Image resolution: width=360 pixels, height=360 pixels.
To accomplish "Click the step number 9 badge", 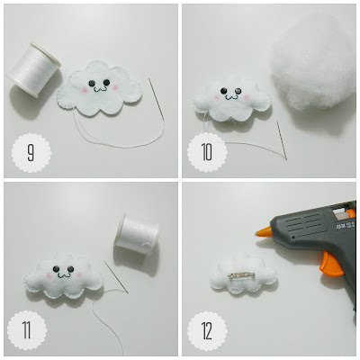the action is click(x=31, y=153).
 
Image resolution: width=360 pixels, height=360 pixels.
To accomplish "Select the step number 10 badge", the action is click(x=207, y=152).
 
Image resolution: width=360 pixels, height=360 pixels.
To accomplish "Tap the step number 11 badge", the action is click(x=27, y=330).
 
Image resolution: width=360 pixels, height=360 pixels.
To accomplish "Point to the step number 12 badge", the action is click(x=207, y=331).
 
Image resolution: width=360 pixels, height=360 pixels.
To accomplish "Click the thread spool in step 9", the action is click(x=34, y=70).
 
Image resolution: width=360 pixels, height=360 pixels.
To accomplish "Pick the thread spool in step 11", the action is click(x=137, y=235).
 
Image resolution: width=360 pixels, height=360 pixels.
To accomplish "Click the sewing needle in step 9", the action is click(x=157, y=98).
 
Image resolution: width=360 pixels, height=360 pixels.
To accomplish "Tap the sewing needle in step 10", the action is click(x=282, y=140).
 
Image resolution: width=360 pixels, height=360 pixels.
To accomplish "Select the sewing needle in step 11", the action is click(x=116, y=277).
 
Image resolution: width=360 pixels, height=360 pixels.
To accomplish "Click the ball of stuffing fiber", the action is click(x=312, y=63).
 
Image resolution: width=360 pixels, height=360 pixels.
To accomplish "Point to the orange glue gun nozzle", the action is click(x=264, y=232).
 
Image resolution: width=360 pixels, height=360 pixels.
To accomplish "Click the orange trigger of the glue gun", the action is click(x=331, y=264).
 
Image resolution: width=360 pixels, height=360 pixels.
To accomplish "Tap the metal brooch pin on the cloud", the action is click(x=241, y=275).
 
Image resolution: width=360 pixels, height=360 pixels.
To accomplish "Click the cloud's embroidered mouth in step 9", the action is click(x=99, y=89).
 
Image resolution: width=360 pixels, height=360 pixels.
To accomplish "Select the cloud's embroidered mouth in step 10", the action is click(x=231, y=96).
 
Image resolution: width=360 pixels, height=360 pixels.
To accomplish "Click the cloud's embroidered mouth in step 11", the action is click(x=63, y=274).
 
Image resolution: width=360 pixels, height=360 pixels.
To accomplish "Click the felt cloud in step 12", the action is click(x=243, y=274).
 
